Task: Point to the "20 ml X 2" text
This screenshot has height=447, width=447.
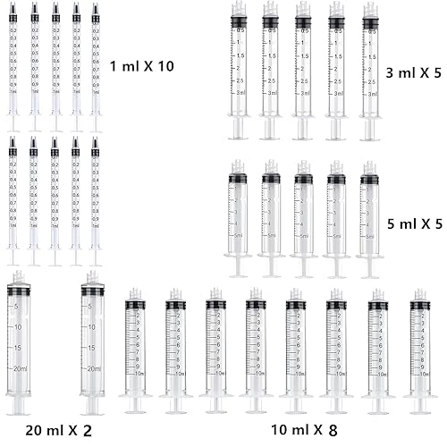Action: pyautogui.click(x=59, y=430)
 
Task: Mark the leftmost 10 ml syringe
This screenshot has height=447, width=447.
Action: pyautogui.click(x=135, y=349)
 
